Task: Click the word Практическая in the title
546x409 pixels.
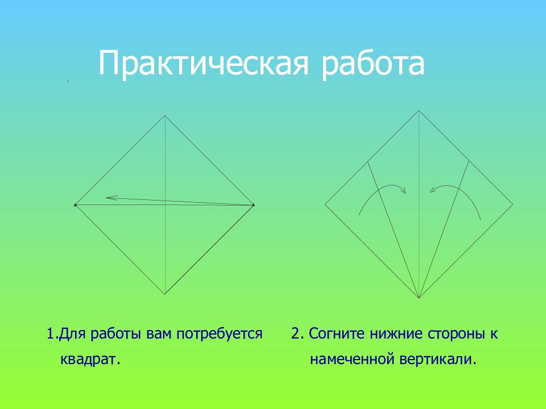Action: [204, 63]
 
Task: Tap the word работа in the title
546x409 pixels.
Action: [373, 63]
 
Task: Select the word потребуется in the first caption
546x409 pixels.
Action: [220, 334]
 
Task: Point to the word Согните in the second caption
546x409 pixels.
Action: [337, 333]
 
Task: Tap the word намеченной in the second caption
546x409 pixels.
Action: [351, 359]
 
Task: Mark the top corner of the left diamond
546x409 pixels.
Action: [165, 116]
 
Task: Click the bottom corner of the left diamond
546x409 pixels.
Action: [165, 294]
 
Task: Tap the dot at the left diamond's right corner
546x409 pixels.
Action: [253, 205]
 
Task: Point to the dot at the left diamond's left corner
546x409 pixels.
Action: [75, 205]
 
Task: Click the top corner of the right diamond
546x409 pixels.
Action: [419, 111]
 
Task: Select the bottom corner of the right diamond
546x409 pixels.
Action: [419, 298]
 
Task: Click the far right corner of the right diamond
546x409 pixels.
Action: [512, 204]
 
